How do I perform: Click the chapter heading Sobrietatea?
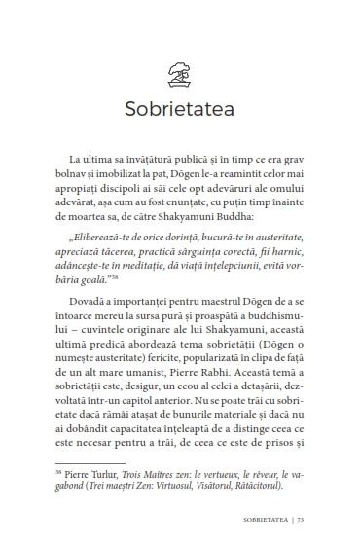(179, 106)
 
